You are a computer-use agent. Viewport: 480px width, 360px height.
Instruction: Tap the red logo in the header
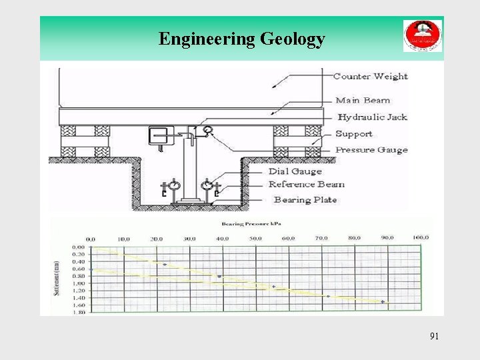(422, 36)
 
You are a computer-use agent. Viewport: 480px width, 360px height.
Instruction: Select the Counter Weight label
(370, 77)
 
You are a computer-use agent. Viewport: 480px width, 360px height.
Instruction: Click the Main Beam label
(363, 101)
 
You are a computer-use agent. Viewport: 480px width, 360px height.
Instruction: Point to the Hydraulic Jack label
(371, 117)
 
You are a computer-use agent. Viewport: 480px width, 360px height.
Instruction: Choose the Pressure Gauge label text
(371, 150)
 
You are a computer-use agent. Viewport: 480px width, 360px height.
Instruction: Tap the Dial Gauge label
(295, 171)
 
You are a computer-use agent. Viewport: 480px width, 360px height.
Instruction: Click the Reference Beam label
(307, 185)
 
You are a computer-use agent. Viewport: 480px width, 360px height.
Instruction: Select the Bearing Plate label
(305, 200)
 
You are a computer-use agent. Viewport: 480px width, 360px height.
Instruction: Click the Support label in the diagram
(353, 134)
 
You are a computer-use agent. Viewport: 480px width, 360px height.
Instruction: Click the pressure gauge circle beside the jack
(209, 131)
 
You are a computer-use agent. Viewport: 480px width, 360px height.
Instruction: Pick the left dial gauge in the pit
(175, 184)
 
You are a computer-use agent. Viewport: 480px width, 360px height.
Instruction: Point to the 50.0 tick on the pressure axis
(256, 239)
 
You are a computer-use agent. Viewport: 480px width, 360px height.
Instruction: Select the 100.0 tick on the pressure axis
(420, 238)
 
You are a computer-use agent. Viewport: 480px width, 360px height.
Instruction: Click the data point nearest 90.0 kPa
(383, 302)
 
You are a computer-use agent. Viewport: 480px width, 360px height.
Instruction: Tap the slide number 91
(434, 336)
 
